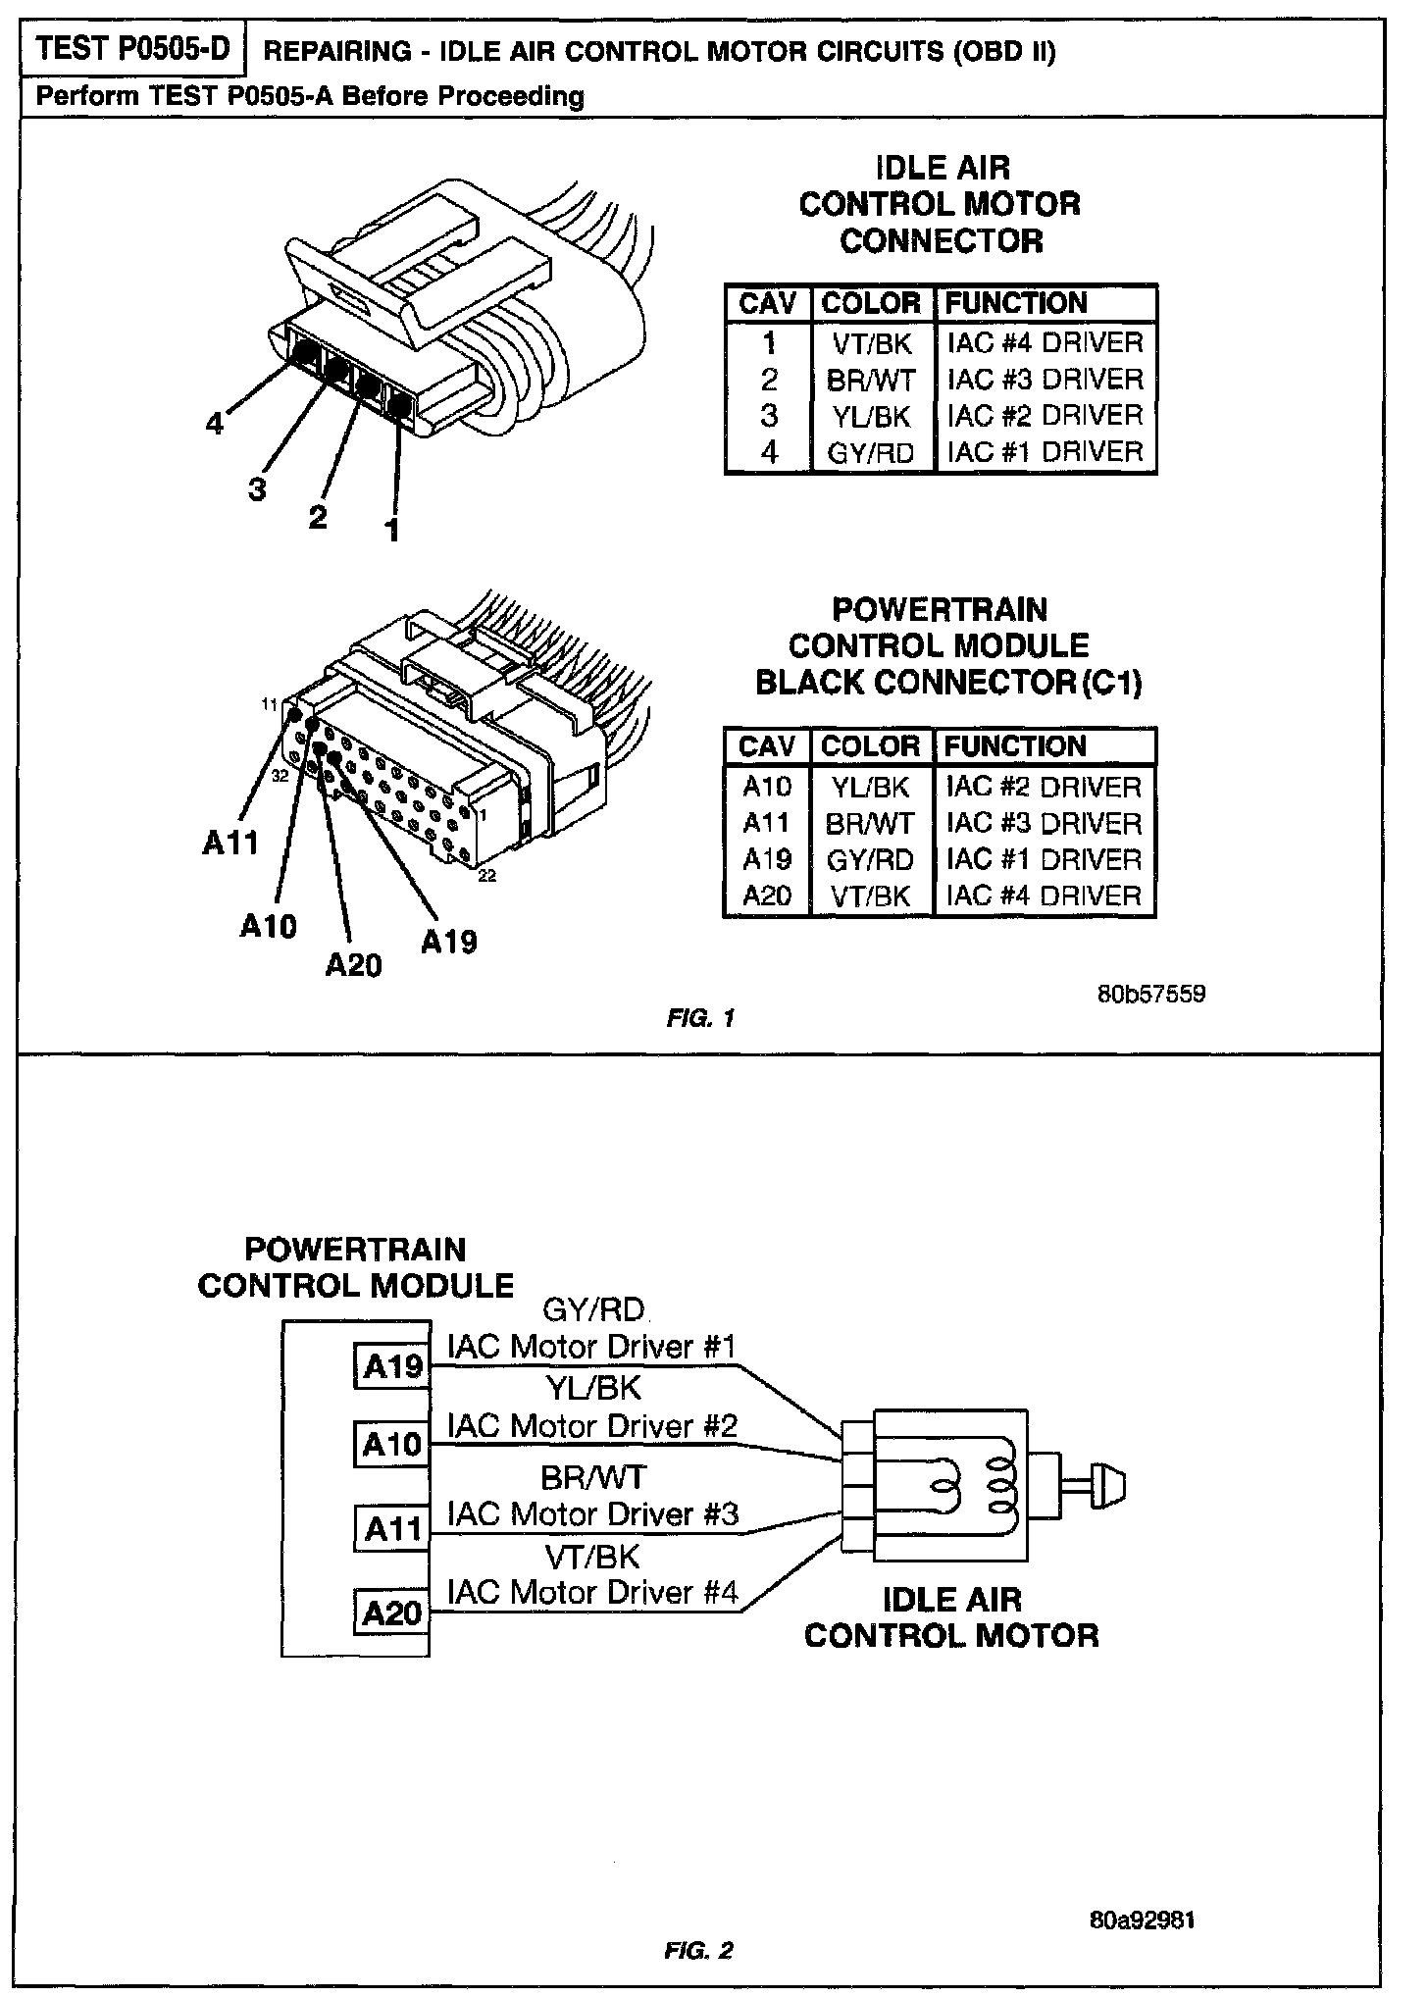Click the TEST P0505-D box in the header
131,50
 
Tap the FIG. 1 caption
700,1018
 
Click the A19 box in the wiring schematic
391,1366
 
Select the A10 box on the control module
391,1444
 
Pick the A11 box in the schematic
391,1528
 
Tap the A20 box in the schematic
391,1613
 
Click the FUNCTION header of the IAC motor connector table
1015,303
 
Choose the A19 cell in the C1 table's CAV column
767,860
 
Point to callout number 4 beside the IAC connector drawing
215,424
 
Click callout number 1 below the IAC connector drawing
392,531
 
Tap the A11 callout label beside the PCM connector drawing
230,843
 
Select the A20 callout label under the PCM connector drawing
353,966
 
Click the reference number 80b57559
1151,994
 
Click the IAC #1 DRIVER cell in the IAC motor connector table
1045,452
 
